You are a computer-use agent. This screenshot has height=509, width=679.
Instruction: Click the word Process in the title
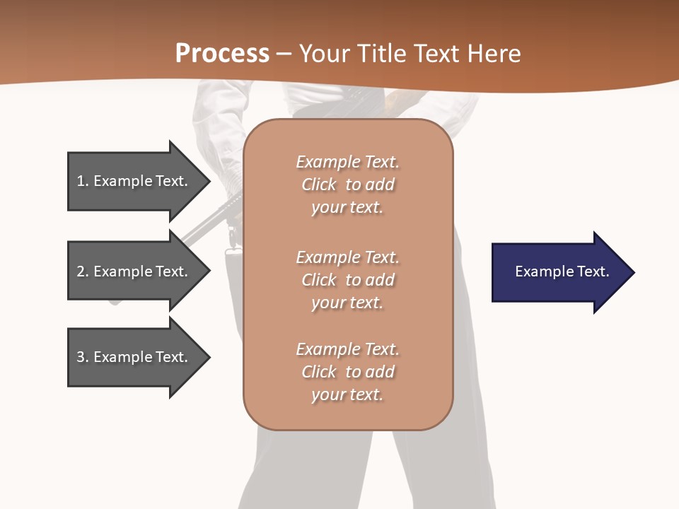click(222, 54)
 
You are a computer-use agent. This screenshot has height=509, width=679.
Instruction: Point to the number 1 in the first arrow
click(81, 181)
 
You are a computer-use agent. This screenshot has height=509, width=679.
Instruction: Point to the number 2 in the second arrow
click(81, 271)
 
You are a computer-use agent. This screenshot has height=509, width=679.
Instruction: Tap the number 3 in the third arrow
click(81, 357)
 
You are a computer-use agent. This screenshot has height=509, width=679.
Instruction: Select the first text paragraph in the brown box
click(347, 185)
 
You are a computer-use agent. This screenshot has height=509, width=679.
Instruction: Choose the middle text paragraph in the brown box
click(347, 280)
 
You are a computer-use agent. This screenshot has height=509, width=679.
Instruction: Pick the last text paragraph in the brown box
click(347, 372)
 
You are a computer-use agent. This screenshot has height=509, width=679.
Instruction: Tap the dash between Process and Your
click(284, 54)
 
